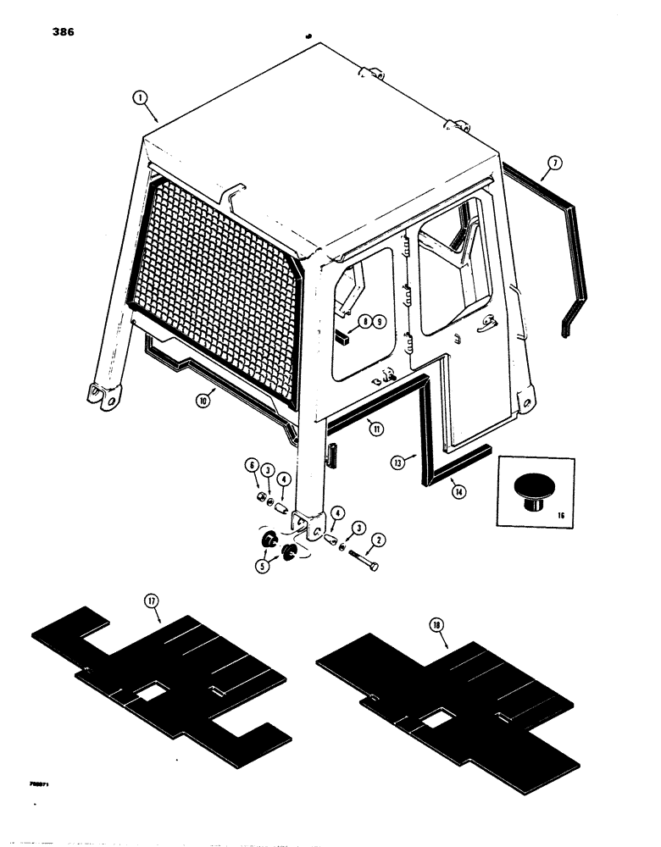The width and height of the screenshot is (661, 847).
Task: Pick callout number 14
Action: point(458,489)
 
